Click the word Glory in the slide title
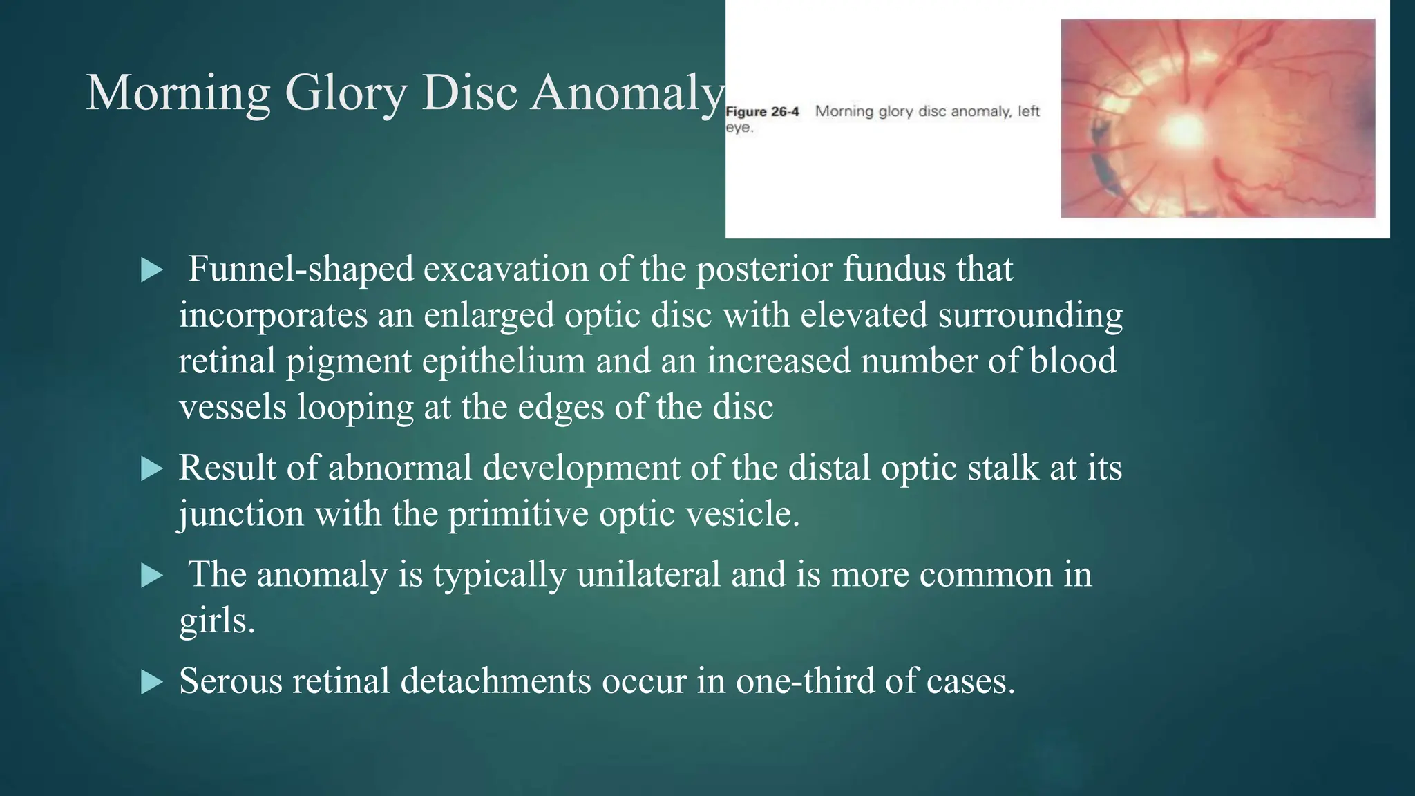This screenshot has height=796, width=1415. [345, 93]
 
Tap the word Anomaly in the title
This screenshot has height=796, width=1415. [627, 93]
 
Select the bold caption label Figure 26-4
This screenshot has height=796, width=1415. [762, 112]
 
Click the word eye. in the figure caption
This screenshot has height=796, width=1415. [739, 129]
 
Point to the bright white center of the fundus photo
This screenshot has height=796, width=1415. [1184, 129]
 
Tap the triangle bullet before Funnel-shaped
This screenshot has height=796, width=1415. [151, 270]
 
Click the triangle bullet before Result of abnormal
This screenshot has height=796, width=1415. [151, 469]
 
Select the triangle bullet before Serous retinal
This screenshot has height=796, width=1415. [151, 682]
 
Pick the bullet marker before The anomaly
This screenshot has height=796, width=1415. [151, 576]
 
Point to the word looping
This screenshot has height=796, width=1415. [355, 407]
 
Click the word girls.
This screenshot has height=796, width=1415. [217, 620]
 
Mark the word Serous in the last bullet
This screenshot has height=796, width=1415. [231, 681]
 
